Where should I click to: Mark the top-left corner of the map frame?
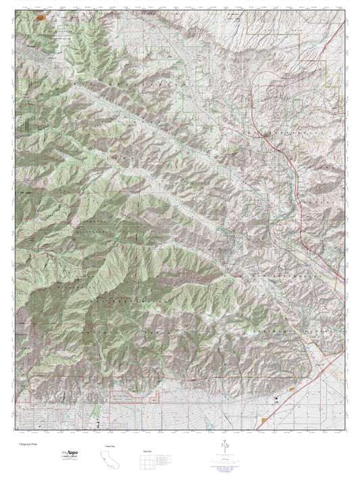tap(15, 10)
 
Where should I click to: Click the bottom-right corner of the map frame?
tap(345, 430)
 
